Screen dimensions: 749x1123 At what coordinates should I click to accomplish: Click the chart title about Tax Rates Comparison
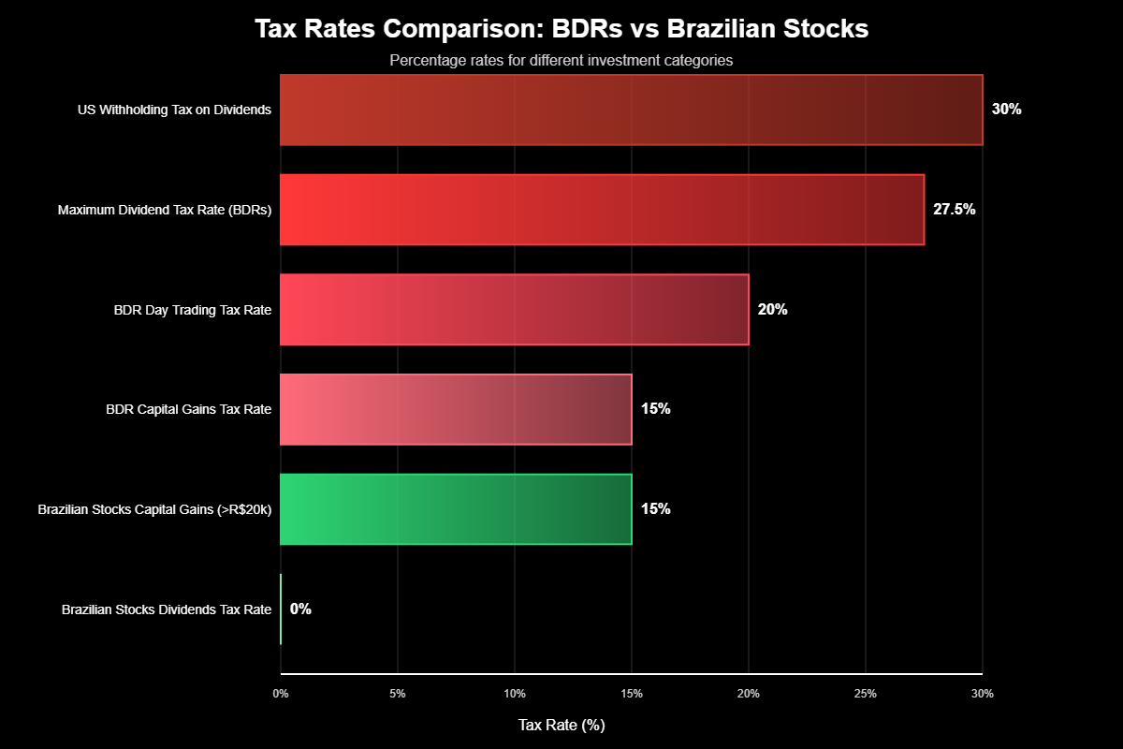(561, 29)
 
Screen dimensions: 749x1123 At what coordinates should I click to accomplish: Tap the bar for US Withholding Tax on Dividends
(631, 110)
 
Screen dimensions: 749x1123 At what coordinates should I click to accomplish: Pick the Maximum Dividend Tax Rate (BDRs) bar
(602, 210)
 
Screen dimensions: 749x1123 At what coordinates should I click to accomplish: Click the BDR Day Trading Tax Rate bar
(514, 310)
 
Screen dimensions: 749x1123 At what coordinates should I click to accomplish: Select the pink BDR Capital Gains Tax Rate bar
(456, 409)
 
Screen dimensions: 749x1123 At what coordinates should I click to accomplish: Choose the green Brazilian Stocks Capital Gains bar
(456, 509)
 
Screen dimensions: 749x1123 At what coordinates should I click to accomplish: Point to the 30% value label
(1006, 110)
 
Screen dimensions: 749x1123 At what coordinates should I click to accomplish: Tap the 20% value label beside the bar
(772, 310)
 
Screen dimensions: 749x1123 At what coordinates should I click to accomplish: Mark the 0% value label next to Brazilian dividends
(300, 609)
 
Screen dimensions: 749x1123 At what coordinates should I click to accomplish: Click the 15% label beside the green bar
(655, 509)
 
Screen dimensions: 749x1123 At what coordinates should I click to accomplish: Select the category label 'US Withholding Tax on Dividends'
(174, 110)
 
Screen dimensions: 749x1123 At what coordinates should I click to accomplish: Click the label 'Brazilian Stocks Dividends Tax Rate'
(167, 609)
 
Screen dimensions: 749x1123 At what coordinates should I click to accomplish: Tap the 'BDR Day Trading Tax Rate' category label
(192, 310)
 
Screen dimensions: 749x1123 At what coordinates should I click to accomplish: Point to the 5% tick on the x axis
(398, 694)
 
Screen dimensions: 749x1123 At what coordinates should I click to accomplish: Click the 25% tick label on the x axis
(866, 694)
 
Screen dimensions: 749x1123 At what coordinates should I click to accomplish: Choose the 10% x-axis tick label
(515, 694)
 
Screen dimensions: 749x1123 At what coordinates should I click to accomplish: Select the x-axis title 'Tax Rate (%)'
(561, 726)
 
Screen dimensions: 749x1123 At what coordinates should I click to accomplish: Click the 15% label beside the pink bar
(655, 409)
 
